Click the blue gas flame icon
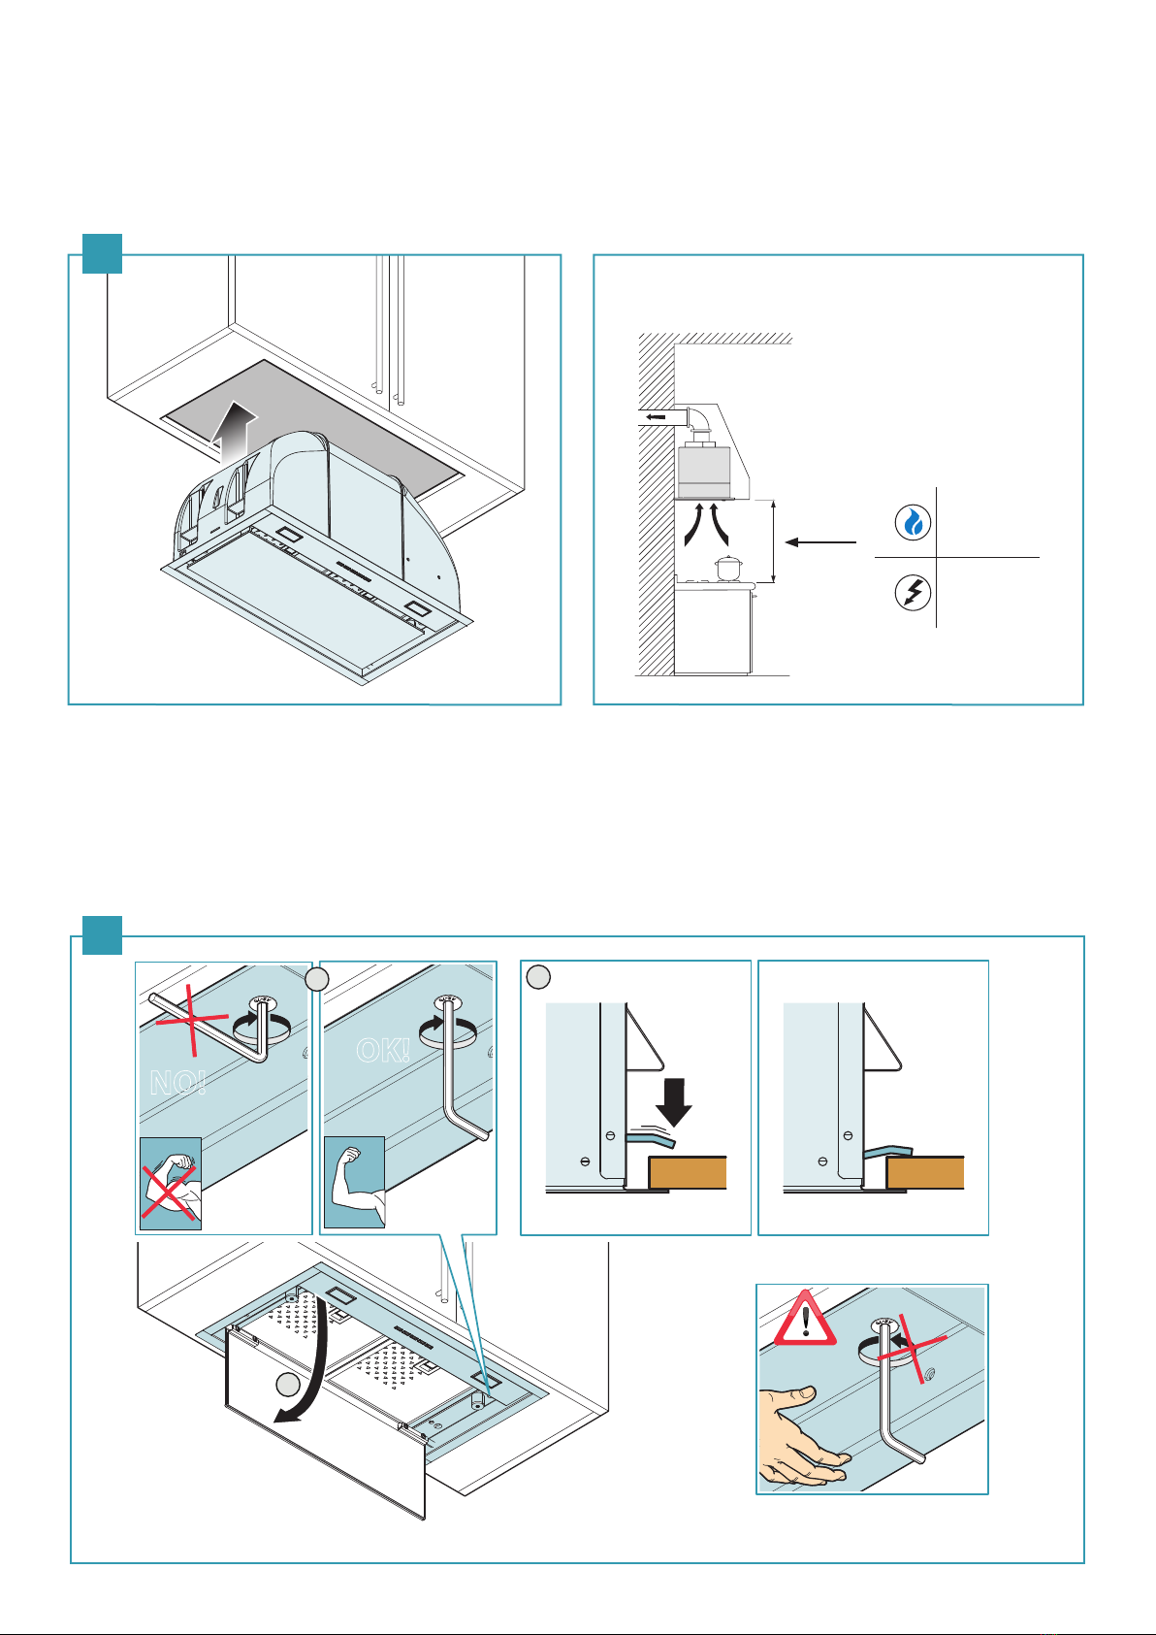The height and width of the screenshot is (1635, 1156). [x=913, y=523]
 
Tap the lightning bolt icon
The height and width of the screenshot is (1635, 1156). [x=913, y=593]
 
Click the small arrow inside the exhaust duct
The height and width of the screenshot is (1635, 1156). [x=656, y=417]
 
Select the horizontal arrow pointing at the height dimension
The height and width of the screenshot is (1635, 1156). [x=820, y=542]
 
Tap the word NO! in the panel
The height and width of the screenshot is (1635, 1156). [x=177, y=1083]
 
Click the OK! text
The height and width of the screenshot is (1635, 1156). [x=383, y=1050]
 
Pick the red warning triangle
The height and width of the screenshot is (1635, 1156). [x=804, y=1320]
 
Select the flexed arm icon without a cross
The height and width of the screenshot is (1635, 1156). [x=354, y=1182]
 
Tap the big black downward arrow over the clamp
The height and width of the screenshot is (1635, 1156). [x=672, y=1100]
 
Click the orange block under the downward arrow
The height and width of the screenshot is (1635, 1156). [x=687, y=1172]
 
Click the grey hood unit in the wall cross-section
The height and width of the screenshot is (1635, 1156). [x=703, y=470]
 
